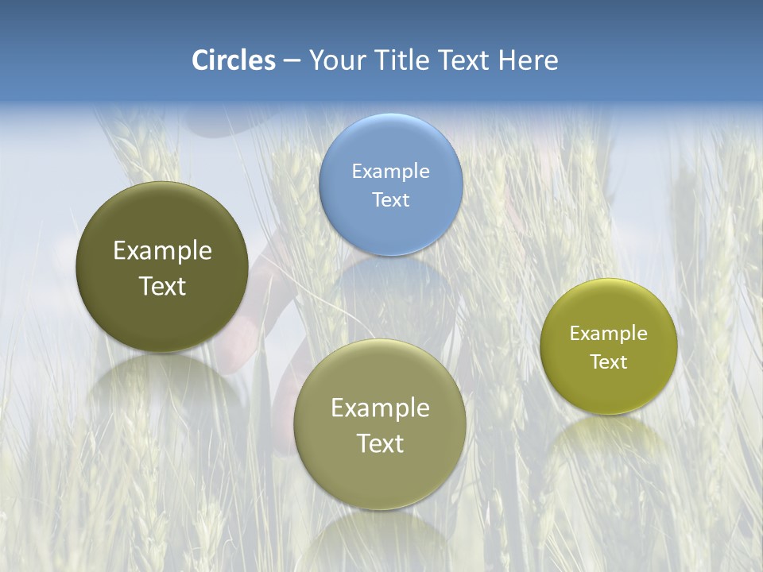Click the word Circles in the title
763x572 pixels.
[x=234, y=60]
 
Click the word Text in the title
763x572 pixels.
[x=465, y=60]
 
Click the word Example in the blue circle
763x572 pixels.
[x=390, y=171]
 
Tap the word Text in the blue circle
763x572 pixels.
[x=390, y=199]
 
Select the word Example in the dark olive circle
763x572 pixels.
[x=162, y=250]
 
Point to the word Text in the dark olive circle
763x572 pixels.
[x=162, y=286]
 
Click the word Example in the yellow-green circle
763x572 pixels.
[x=609, y=333]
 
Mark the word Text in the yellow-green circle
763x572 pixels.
[x=609, y=361]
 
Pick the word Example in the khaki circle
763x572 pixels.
[x=380, y=408]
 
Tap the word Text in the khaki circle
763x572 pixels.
[x=380, y=443]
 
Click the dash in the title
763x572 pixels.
[x=292, y=60]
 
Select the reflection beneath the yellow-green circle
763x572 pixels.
[x=609, y=441]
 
